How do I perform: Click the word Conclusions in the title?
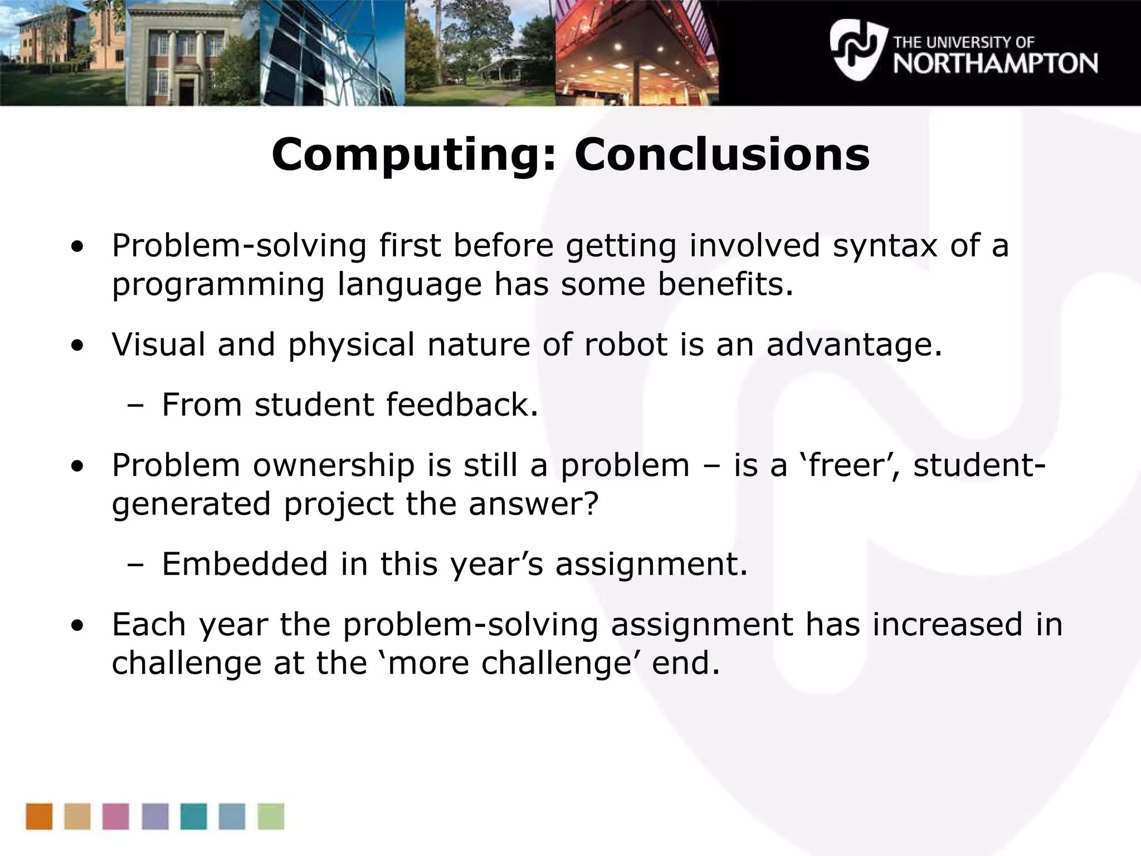pos(721,155)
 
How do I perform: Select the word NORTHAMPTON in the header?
pos(995,64)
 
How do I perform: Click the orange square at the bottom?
pos(39,816)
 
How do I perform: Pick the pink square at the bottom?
pos(116,816)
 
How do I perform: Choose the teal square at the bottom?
pos(193,816)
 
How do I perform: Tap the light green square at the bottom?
pos(271,816)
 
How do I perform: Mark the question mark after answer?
pos(591,504)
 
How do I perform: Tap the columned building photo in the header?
pos(192,53)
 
